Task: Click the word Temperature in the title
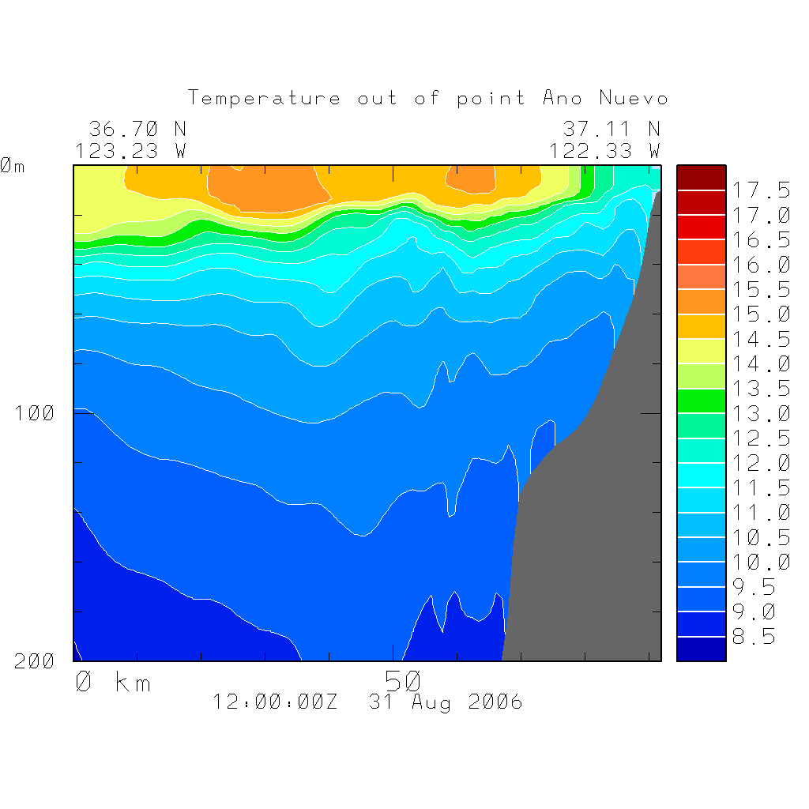coord(265,99)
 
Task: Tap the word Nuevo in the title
coord(634,99)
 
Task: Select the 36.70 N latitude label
coord(137,128)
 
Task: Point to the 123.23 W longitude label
coord(131,150)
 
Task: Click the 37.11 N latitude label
coord(611,128)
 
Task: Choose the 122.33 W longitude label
coord(605,150)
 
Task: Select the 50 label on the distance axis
coord(403,680)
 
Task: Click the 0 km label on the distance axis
coord(112,682)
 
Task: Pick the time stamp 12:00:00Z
coord(275,702)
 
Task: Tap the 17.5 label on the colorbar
coord(761,190)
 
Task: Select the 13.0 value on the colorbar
coord(761,414)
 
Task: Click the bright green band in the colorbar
coord(701,401)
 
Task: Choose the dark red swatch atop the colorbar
coord(701,178)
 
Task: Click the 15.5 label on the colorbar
coord(761,290)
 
